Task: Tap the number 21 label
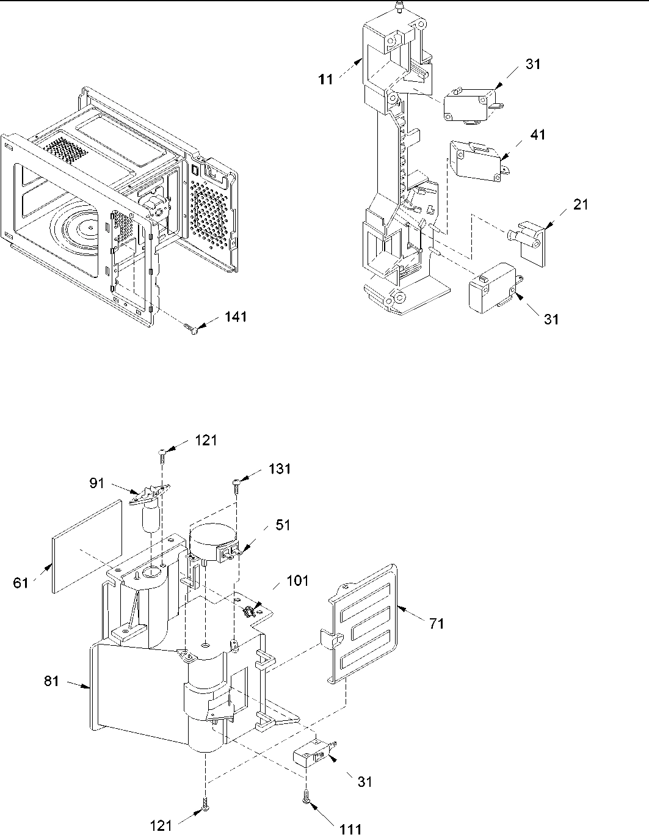coord(581,205)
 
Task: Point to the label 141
coord(236,317)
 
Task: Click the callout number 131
coord(278,469)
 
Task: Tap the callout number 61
coord(21,583)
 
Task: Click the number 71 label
coord(437,624)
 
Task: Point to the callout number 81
coord(52,680)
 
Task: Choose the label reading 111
coord(350,829)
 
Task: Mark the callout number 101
coord(297,581)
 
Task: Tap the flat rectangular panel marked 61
coord(85,545)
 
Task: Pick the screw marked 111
coord(305,798)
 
